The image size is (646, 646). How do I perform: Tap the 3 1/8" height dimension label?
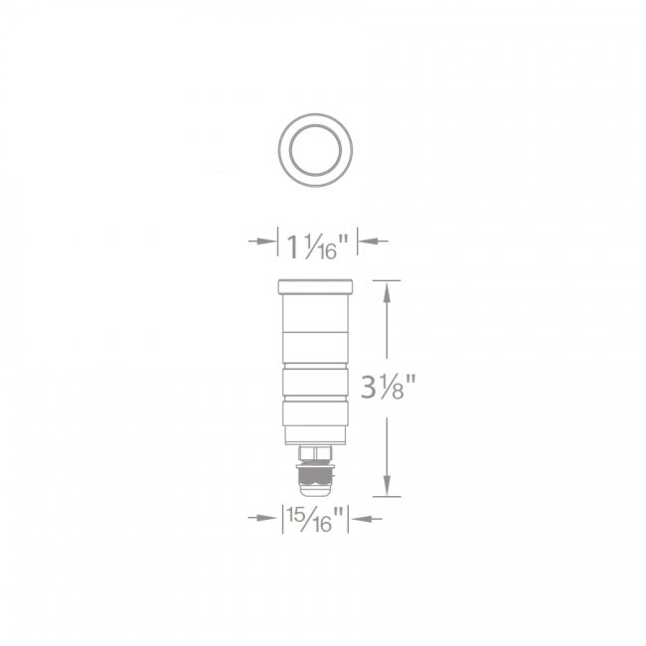tap(388, 388)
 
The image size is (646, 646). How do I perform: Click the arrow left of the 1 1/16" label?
tap(262, 242)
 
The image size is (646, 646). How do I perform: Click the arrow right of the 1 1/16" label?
tap(374, 242)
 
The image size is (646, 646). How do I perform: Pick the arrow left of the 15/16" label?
tap(262, 518)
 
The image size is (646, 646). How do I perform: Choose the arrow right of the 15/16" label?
tap(368, 519)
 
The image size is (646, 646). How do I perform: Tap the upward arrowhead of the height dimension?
tap(387, 293)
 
